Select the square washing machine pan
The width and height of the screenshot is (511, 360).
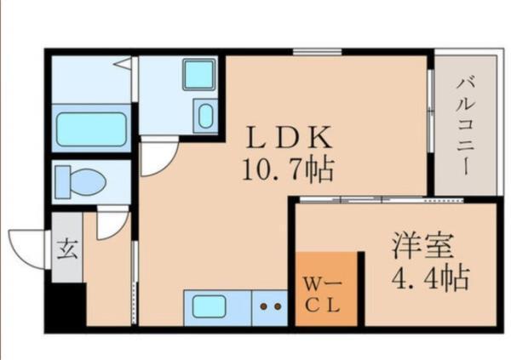200,76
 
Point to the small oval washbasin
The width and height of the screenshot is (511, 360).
204,116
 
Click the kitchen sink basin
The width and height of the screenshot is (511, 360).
210,306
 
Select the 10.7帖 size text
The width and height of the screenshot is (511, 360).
286,170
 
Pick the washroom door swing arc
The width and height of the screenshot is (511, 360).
158,157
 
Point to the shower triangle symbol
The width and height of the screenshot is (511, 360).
123,63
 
